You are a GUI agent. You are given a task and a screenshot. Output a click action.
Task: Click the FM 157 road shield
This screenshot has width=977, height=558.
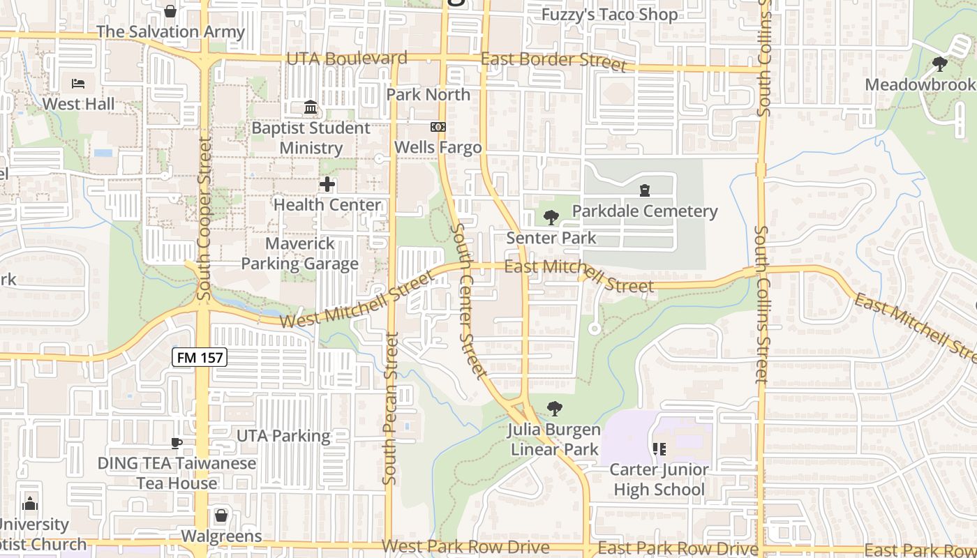tap(200, 358)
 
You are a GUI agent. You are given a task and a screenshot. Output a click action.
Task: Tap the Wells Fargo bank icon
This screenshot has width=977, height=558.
tap(438, 127)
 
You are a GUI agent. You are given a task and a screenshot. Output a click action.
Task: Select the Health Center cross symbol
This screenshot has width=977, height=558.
tap(327, 184)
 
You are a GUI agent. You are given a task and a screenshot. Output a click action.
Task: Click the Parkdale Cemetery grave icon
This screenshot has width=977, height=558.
tap(644, 190)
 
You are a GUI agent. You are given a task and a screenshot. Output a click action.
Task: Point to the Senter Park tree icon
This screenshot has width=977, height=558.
tap(551, 217)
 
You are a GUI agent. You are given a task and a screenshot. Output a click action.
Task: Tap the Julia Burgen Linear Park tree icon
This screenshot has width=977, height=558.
tap(554, 408)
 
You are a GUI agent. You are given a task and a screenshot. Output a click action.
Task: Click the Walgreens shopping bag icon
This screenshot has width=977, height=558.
tap(221, 515)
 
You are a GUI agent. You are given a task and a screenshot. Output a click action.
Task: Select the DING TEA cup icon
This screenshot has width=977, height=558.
tap(177, 443)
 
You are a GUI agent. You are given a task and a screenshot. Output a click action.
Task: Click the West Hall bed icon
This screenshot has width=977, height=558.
tap(78, 84)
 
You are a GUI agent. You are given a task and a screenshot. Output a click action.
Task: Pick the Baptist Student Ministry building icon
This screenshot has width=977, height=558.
tap(311, 107)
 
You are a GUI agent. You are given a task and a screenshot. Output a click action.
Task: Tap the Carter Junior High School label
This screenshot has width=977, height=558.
tap(659, 479)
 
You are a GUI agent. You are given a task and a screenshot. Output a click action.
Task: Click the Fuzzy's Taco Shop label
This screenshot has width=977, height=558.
tap(609, 15)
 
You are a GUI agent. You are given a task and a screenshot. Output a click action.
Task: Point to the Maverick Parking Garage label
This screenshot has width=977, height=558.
tap(299, 254)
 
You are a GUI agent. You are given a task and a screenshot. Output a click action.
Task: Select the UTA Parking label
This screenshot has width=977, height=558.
tap(283, 436)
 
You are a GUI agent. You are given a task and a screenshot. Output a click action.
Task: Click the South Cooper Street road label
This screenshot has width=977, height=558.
tap(204, 218)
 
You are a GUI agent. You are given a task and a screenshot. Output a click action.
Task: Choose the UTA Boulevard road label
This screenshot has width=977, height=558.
tap(347, 58)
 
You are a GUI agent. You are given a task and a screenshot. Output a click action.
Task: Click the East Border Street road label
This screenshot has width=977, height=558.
tap(553, 61)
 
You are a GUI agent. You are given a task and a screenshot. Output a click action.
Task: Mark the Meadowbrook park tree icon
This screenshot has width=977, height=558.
tap(939, 64)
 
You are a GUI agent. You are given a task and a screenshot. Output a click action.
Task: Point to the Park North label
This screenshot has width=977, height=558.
tap(428, 94)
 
